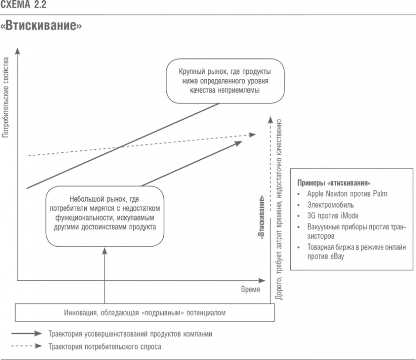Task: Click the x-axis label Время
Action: [x=250, y=290]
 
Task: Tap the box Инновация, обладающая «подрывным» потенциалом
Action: [x=145, y=313]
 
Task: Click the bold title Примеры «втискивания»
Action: [x=334, y=183]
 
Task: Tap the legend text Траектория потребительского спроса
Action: [x=105, y=347]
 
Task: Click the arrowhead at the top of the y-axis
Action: [x=18, y=50]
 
